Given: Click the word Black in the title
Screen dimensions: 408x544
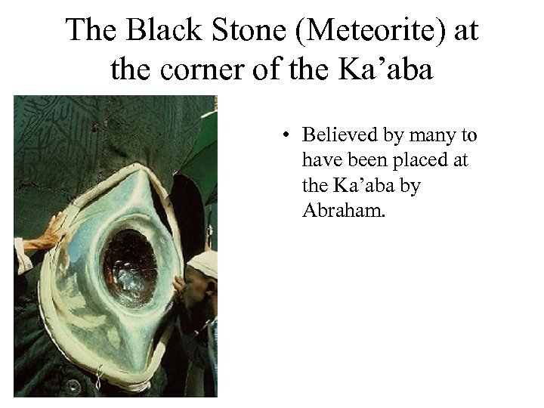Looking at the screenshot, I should click(x=160, y=31).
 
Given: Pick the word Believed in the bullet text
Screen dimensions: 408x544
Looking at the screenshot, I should click(x=336, y=135).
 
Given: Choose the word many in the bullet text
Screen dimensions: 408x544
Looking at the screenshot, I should click(x=434, y=137).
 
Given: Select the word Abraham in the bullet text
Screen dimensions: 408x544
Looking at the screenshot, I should click(x=342, y=209).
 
